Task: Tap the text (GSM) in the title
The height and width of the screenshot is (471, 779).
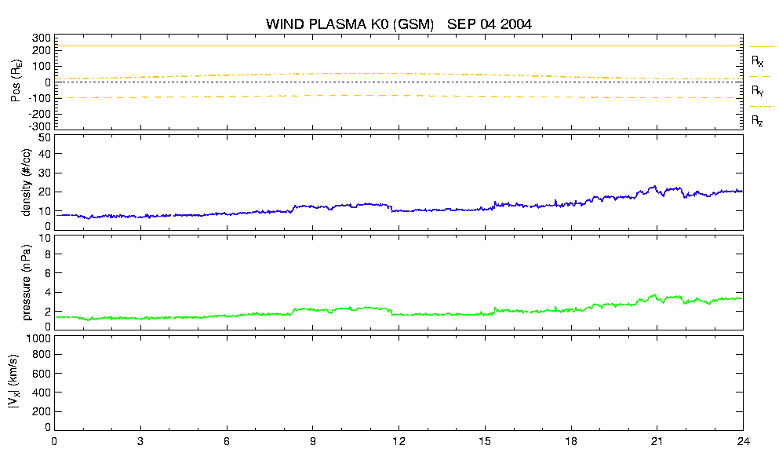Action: [413, 24]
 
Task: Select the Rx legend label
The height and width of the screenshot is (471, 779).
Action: [757, 61]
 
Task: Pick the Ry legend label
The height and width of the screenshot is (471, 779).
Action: [757, 90]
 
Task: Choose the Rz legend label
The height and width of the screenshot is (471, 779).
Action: [757, 120]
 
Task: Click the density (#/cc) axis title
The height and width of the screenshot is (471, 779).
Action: [27, 183]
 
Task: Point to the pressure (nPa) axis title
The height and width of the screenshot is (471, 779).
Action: [27, 283]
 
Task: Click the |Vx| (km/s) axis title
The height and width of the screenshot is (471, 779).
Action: [14, 382]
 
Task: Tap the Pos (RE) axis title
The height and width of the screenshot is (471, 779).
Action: [16, 81]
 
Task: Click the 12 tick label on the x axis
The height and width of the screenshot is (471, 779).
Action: [399, 441]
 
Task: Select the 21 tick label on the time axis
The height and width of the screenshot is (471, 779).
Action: [657, 441]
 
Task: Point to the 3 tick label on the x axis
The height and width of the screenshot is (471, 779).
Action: [140, 441]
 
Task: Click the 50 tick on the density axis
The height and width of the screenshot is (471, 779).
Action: [45, 138]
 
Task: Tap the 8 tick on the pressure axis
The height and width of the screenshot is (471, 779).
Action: [48, 254]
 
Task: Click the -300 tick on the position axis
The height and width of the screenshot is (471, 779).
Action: [42, 126]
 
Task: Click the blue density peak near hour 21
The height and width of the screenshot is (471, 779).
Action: [655, 187]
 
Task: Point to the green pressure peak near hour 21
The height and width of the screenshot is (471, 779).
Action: [655, 295]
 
